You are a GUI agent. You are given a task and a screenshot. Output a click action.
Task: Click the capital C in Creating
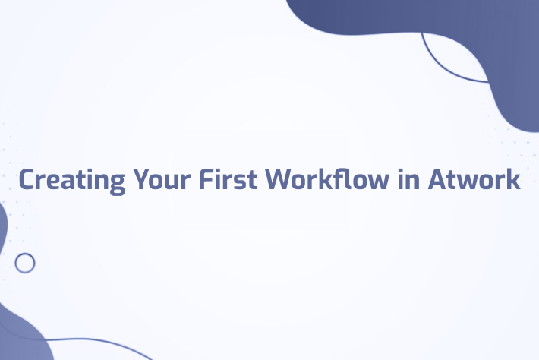pos(27,180)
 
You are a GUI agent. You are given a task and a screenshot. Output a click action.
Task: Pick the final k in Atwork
pos(514,180)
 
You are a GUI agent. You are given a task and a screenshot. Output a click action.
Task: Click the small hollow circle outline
pos(25,263)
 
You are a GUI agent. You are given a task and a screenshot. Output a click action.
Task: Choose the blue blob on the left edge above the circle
pos(2,228)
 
